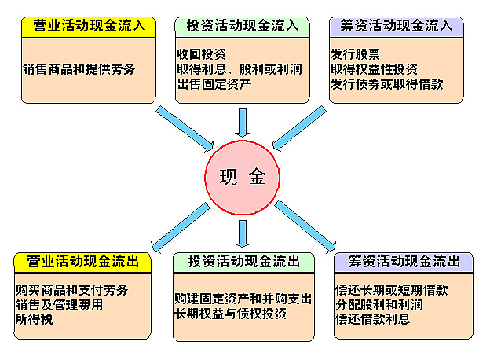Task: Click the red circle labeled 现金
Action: click(242, 178)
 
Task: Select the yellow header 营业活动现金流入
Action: click(89, 28)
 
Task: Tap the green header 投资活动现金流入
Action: click(242, 28)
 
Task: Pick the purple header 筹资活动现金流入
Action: click(397, 28)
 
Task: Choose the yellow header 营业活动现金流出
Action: click(82, 263)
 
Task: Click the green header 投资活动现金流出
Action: click(243, 263)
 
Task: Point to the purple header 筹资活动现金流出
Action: click(404, 263)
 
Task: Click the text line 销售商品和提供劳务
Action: click(79, 69)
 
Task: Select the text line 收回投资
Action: click(202, 54)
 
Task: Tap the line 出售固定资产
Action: click(214, 84)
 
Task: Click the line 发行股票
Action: click(355, 54)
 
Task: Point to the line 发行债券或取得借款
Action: click(387, 84)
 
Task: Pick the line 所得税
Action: click(35, 319)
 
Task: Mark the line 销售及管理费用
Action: click(60, 305)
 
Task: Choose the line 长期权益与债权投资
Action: click(230, 314)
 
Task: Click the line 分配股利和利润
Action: click(379, 305)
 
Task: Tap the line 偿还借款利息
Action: click(372, 319)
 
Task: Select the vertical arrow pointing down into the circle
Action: click(243, 123)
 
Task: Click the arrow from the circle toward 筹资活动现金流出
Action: click(305, 226)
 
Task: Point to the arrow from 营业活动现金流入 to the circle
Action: click(185, 129)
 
